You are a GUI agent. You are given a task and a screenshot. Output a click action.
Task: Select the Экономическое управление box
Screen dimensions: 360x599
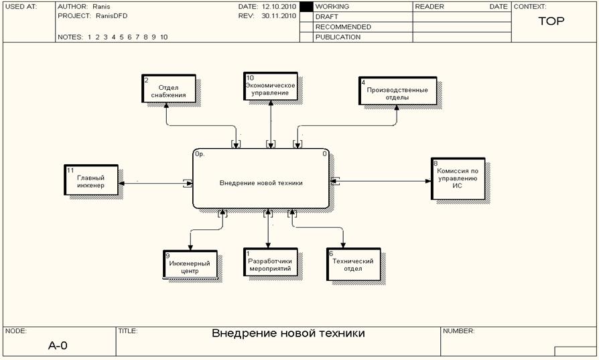(270, 88)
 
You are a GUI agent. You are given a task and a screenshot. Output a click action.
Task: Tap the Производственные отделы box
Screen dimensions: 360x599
(397, 91)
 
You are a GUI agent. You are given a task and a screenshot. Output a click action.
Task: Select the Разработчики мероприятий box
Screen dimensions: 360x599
(269, 262)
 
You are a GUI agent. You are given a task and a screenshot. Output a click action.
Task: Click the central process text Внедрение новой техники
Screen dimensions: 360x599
(261, 183)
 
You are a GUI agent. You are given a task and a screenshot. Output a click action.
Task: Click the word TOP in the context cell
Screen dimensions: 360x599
(551, 21)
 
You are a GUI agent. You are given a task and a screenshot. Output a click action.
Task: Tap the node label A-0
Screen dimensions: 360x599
(58, 346)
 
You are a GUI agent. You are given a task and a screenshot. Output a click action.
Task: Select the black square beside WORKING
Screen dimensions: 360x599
(306, 7)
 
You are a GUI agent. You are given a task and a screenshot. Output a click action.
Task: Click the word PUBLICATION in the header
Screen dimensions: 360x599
(338, 38)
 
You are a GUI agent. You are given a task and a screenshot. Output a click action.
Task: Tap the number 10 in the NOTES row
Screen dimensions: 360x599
(163, 38)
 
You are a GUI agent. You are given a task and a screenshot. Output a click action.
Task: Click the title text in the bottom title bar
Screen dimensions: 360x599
(288, 333)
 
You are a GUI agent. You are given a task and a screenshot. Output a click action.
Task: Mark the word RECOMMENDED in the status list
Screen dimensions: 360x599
(343, 27)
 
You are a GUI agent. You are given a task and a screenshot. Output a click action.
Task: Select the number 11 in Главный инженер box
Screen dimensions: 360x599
(70, 171)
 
